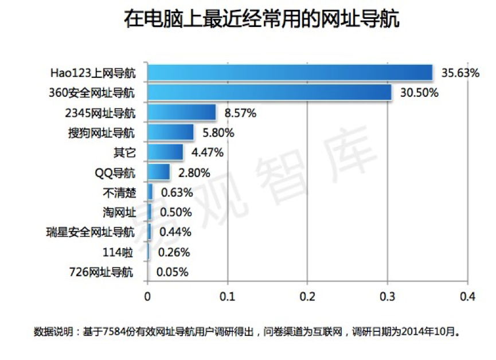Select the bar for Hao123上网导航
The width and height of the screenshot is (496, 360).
[290, 73]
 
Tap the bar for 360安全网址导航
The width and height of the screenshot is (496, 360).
[270, 92]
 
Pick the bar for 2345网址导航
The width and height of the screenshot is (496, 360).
[182, 112]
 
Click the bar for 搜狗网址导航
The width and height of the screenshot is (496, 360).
[171, 132]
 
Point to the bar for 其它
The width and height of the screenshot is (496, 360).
[165, 152]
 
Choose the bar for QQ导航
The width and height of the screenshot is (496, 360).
[159, 172]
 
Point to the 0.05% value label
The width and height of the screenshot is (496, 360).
[172, 272]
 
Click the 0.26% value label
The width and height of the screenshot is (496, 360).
[174, 252]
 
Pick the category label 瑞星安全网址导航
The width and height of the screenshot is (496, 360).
[91, 232]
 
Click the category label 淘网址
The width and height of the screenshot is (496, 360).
[120, 212]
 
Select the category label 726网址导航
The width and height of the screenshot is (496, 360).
[102, 272]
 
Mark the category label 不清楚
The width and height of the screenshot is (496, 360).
[120, 193]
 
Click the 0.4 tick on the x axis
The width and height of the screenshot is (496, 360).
[467, 296]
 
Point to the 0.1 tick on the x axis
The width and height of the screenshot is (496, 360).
[228, 296]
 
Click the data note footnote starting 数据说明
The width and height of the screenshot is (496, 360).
[247, 331]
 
